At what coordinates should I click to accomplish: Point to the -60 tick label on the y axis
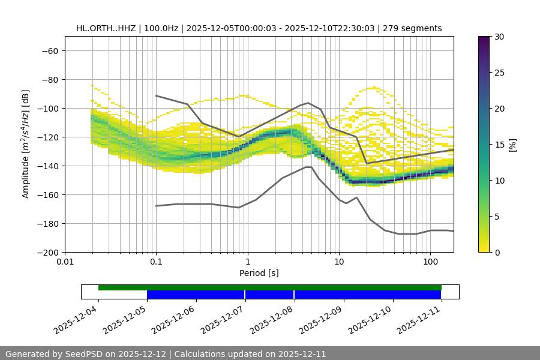(49, 50)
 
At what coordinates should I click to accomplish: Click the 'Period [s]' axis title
(259, 273)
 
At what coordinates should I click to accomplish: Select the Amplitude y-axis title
(26, 144)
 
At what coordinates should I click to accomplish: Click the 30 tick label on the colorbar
(499, 37)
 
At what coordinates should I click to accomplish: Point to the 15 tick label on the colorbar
(499, 145)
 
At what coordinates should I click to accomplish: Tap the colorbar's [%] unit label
(512, 145)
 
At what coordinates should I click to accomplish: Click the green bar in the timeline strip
(270, 287)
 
